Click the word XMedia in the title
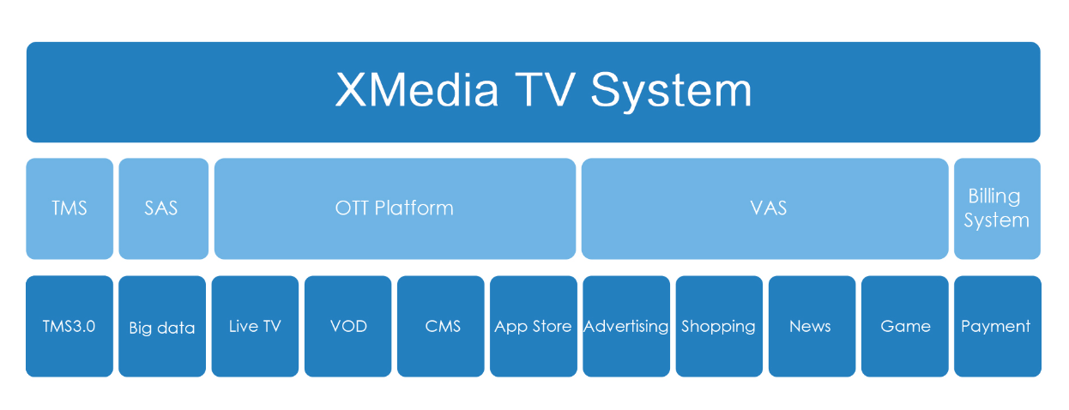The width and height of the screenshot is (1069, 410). coord(417,90)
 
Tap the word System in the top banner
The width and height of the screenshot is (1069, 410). coord(671,92)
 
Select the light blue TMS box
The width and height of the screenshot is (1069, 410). coord(69,208)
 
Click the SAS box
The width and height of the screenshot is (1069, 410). coord(163,208)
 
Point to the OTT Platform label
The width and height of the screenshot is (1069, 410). coord(394,208)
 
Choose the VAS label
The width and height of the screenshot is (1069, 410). coord(769,208)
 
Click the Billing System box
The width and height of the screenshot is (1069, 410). coord(997,208)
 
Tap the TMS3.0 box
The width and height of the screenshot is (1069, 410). coord(69,326)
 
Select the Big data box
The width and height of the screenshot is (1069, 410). coord(162,326)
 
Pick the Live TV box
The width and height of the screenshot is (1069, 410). coord(255,326)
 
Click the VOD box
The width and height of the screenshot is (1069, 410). coord(348,326)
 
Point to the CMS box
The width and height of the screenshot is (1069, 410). coord(440,326)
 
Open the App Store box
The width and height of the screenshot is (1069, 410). coord(534,326)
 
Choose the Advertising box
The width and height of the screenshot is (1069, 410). coord(626,326)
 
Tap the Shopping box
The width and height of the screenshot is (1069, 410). coord(719,326)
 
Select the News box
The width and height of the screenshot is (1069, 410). coord(812,326)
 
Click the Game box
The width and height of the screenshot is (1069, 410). coord(905,326)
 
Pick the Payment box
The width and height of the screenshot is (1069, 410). coord(998,326)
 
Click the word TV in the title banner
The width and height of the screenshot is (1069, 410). coord(545,90)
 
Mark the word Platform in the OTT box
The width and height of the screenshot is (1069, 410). coord(414,208)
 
